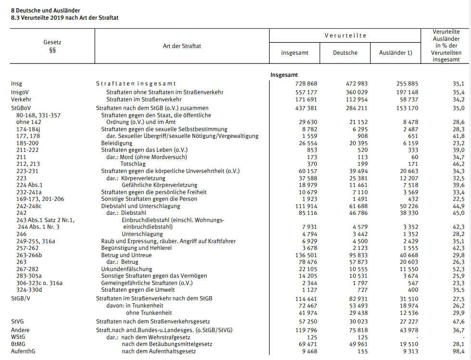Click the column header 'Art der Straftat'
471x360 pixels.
pyautogui.click(x=182, y=46)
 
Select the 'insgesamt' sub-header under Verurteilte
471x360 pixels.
pyautogui.click(x=295, y=53)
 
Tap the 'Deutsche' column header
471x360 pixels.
pyautogui.click(x=345, y=53)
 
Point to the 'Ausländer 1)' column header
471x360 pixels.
pyautogui.click(x=396, y=53)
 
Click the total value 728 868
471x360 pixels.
pyautogui.click(x=306, y=84)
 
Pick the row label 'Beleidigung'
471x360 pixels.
pyautogui.click(x=116, y=143)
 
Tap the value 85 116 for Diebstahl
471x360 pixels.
pyautogui.click(x=306, y=212)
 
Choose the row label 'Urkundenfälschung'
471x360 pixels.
pyautogui.click(x=126, y=269)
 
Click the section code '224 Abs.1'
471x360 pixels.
pyautogui.click(x=29, y=185)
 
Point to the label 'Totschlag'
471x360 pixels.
pyautogui.click(x=134, y=164)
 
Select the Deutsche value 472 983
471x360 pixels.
pyautogui.click(x=356, y=84)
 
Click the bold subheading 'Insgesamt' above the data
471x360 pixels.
pyautogui.click(x=284, y=75)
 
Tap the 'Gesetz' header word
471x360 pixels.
pyautogui.click(x=52, y=42)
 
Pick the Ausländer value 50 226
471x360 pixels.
pyautogui.click(x=407, y=206)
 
